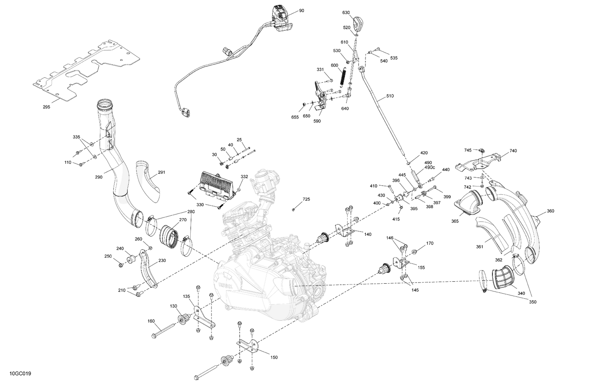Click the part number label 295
click(x=46, y=107)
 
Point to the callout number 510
click(x=390, y=96)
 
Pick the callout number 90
click(x=302, y=11)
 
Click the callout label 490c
click(x=430, y=168)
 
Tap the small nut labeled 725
click(x=294, y=209)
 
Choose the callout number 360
click(x=550, y=211)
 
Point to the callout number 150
click(x=274, y=358)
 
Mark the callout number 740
click(x=513, y=151)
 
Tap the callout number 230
click(x=162, y=260)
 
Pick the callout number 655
click(x=295, y=117)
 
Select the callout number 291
click(x=161, y=172)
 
